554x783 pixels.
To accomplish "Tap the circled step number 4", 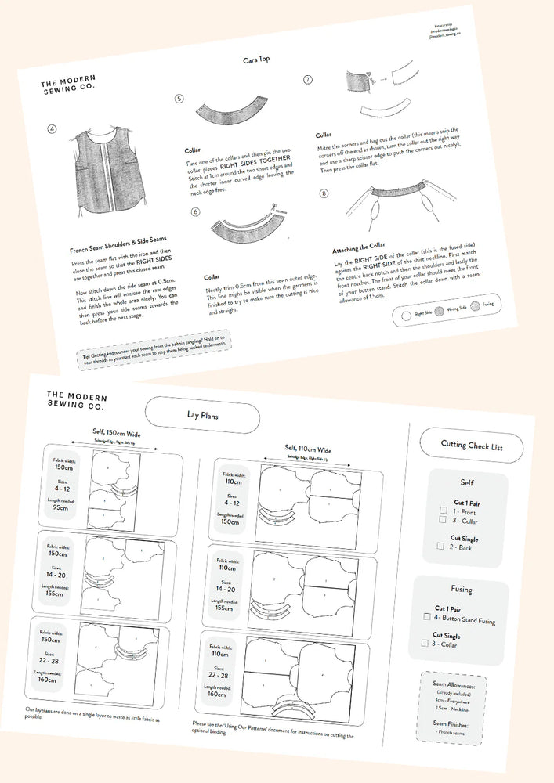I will point(53,128).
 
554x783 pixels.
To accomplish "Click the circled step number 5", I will point(179,99).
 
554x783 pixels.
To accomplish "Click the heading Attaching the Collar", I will point(360,248).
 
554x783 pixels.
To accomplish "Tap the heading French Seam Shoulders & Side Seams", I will point(118,239).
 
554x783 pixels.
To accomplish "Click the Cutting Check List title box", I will point(471,446).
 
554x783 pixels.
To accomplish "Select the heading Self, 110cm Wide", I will point(309,450).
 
